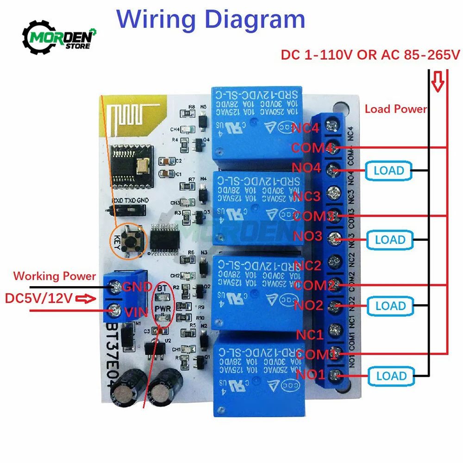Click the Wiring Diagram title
(x=211, y=20)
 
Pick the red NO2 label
(x=308, y=305)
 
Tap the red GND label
(x=137, y=287)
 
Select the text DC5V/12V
(x=39, y=298)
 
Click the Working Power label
(x=54, y=276)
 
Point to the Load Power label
(x=396, y=109)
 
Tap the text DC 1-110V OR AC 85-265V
(x=370, y=55)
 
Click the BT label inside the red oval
(x=162, y=288)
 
